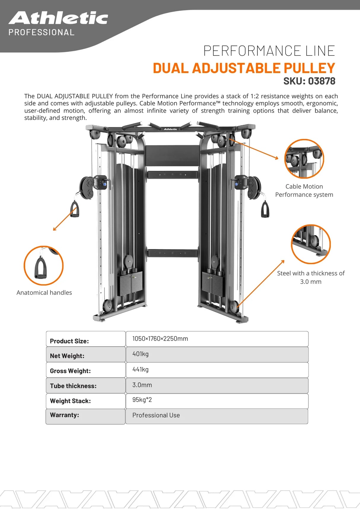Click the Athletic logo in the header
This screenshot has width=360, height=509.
tap(58, 18)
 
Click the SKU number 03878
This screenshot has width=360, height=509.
tap(321, 81)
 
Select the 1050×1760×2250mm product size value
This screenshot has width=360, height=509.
tap(160, 339)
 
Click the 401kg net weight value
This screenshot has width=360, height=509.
tap(141, 354)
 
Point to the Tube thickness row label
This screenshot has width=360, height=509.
tap(73, 386)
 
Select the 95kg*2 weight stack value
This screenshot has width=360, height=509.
tap(142, 400)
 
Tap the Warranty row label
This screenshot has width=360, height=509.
tap(64, 415)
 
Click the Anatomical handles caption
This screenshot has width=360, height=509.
tap(44, 293)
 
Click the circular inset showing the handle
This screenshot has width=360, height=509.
tap(43, 265)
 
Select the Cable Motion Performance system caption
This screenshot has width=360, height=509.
tap(304, 191)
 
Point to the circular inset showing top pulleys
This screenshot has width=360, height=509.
tap(304, 159)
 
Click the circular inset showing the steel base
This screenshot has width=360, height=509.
tap(310, 244)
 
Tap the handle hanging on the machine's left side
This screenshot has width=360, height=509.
tap(75, 209)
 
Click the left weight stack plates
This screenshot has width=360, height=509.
tap(131, 283)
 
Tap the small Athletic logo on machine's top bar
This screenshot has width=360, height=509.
tap(171, 129)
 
